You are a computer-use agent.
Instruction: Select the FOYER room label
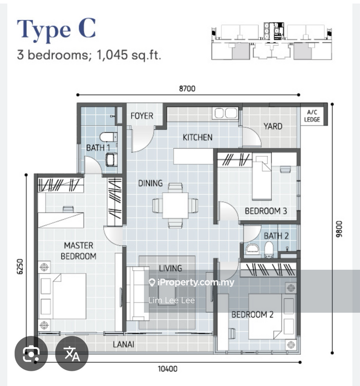coord(142,116)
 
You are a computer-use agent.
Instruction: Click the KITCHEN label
coord(197,138)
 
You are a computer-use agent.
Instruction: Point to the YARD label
coord(273,126)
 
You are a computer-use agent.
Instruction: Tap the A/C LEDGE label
coord(312,116)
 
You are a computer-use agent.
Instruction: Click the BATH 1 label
coord(98,148)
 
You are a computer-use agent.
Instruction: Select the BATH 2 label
coord(276,236)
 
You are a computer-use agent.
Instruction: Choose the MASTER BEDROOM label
coord(78,251)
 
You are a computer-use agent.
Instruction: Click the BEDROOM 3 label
coord(266,211)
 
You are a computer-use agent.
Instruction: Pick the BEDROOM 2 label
coord(252,315)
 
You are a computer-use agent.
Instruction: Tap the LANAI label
coord(124,345)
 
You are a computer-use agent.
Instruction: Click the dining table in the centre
coord(175,206)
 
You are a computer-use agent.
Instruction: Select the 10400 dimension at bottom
coord(167,370)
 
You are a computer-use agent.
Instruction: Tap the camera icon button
coord(31,353)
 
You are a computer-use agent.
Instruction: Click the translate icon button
coord(72,353)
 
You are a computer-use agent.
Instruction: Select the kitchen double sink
coord(225,113)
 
